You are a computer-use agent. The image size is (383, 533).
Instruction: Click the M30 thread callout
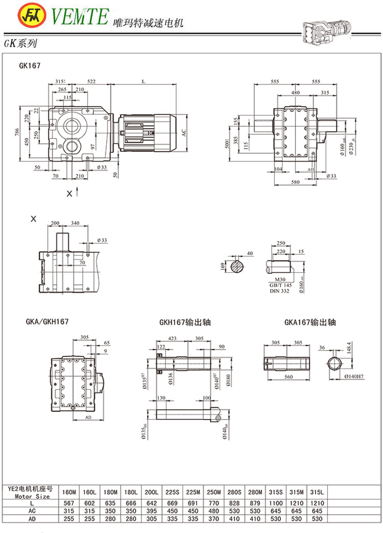[x=280, y=279]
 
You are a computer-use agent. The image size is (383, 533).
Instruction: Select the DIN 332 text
[x=280, y=291]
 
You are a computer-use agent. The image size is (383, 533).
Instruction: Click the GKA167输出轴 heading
[x=310, y=322]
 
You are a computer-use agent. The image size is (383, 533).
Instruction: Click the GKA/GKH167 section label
[x=46, y=321]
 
